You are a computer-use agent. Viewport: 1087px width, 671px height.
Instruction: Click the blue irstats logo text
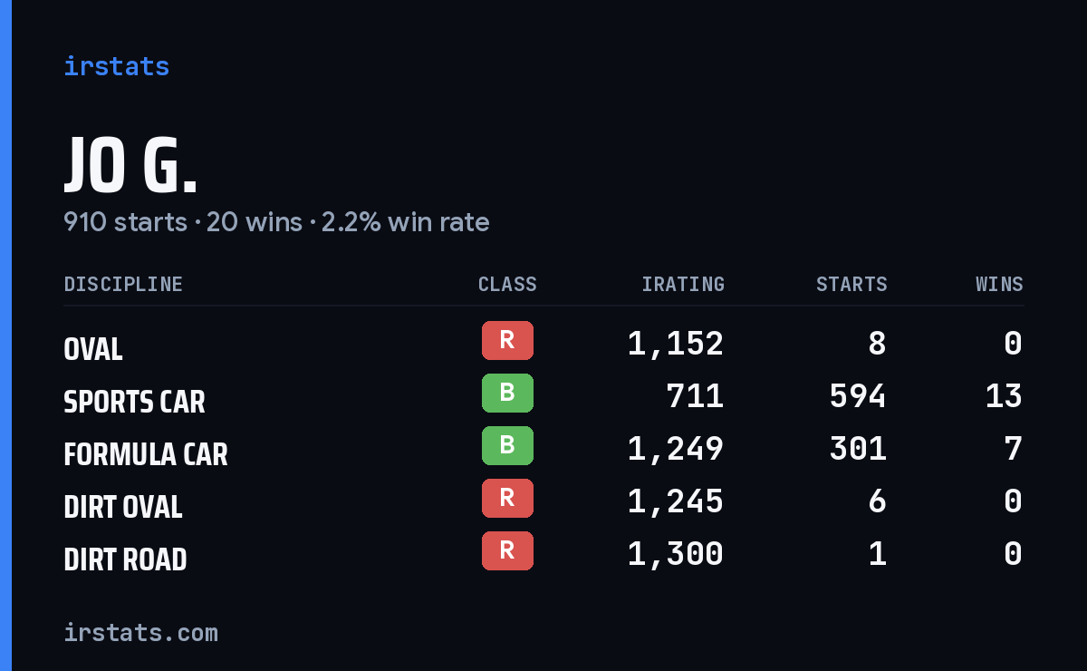tap(117, 66)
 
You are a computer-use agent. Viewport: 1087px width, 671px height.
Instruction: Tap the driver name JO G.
tap(130, 165)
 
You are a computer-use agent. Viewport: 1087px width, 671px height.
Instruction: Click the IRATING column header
tap(683, 284)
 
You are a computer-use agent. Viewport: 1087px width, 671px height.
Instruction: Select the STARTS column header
tap(851, 284)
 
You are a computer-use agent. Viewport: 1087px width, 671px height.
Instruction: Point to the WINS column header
tap(1000, 284)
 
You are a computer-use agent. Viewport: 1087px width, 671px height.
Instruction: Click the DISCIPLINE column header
tap(123, 284)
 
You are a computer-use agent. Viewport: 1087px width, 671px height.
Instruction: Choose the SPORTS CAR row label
tap(134, 402)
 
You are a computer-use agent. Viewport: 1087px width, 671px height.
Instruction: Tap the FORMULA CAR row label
tap(146, 454)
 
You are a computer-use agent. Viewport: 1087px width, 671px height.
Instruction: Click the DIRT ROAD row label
tap(125, 559)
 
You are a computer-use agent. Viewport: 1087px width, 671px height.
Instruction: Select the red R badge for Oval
tap(507, 340)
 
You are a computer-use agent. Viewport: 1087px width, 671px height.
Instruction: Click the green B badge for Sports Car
tap(507, 393)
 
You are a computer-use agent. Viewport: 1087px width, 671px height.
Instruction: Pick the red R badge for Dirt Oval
tap(507, 498)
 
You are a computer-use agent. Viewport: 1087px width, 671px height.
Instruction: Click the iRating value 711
tap(695, 396)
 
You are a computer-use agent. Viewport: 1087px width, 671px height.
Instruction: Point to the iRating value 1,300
tap(676, 554)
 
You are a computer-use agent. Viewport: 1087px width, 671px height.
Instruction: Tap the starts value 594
tap(858, 396)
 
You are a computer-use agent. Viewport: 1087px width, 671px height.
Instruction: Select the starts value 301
tap(858, 449)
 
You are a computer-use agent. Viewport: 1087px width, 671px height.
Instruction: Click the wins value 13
tap(1004, 396)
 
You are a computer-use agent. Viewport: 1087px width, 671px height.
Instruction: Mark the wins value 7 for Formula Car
tap(1014, 449)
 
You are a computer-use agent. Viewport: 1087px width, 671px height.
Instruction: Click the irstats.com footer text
tap(141, 633)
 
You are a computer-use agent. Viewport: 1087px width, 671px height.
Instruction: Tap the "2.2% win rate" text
tap(405, 222)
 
